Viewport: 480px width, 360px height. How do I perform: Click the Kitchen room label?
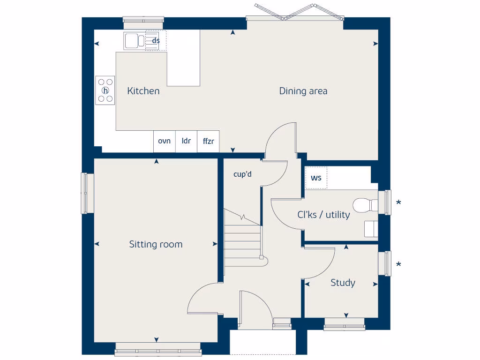pos(143,91)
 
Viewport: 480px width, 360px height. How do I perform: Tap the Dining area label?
pos(303,91)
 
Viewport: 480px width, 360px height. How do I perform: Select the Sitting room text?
pos(156,244)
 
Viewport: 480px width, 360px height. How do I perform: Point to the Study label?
pos(343,283)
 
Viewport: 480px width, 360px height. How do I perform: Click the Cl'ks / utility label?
pos(323,215)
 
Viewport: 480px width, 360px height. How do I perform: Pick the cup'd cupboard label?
pos(243,174)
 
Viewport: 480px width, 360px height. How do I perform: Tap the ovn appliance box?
pos(164,141)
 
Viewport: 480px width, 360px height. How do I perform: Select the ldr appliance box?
pos(186,141)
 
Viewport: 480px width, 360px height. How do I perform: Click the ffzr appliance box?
pos(208,141)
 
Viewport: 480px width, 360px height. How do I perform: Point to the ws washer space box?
pos(316,179)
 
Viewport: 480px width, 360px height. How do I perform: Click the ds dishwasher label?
pos(156,41)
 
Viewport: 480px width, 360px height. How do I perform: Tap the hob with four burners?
pos(105,90)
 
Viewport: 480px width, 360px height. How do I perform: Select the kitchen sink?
pos(134,41)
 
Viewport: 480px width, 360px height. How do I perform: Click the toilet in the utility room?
pos(365,205)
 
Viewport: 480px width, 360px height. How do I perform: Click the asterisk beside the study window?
pos(398,265)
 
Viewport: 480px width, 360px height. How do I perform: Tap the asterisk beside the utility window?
pos(398,203)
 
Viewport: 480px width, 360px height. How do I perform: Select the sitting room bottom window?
pos(158,349)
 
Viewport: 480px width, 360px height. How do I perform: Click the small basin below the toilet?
pos(370,229)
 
